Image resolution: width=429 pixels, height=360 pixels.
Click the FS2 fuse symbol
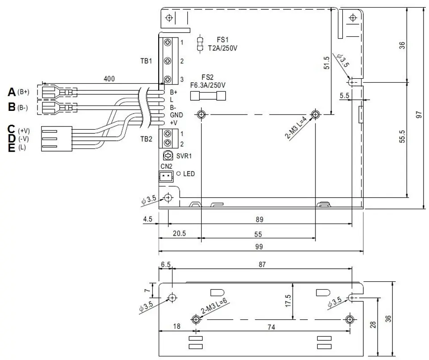point(208,96)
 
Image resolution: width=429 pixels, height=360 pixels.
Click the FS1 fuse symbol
point(201,44)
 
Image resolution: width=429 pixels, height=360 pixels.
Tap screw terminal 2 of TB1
point(168,61)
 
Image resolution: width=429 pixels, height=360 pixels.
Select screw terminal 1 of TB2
point(168,134)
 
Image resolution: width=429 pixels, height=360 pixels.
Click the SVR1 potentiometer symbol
point(168,156)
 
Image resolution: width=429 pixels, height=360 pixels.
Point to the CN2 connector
point(166,176)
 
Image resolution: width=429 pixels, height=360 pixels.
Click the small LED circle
point(179,174)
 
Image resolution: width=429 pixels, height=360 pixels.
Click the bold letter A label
point(12,92)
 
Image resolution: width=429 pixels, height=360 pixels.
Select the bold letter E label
point(12,148)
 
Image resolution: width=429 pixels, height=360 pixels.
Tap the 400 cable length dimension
point(109,79)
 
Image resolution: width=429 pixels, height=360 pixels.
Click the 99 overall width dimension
point(259,247)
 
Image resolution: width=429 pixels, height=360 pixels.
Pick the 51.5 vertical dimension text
point(326,63)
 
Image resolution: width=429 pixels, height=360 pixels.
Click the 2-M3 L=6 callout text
point(214,306)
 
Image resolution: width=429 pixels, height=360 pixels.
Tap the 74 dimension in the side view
point(271,327)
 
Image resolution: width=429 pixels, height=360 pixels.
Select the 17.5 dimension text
point(288,301)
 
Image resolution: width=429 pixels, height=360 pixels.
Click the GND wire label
point(177,115)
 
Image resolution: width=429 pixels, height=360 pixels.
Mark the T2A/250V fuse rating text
point(223,48)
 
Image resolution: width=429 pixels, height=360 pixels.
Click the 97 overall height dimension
point(419,114)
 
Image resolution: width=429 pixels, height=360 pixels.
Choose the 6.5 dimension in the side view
point(166,264)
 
